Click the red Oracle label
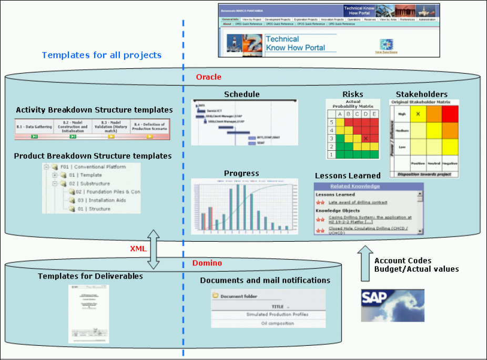pos(209,77)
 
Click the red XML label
pos(138,248)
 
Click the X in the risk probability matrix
pos(366,138)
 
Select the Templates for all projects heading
pos(102,55)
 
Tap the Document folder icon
pos(216,296)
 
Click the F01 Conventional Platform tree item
pos(93,167)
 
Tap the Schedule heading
pos(241,95)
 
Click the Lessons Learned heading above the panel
pos(348,176)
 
